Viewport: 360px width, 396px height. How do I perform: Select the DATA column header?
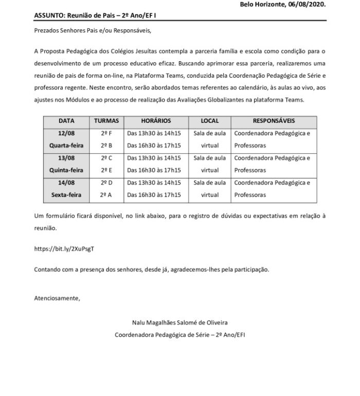point(66,121)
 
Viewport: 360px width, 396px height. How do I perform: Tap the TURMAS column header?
point(106,121)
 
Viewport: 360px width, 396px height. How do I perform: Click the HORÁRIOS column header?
point(155,121)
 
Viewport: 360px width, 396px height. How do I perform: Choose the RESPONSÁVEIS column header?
point(274,121)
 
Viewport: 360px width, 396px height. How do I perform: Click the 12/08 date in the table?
point(66,133)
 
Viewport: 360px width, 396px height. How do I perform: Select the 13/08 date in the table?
point(66,158)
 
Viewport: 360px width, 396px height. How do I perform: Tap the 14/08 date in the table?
point(66,183)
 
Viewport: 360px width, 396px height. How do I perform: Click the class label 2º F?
point(106,133)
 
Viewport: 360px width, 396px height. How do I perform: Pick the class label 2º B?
point(106,146)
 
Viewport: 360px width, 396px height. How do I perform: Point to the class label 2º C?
point(106,158)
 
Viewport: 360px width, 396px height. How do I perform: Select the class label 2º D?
point(106,183)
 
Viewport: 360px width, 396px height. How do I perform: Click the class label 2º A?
point(106,195)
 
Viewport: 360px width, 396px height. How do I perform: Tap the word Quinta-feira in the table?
point(66,170)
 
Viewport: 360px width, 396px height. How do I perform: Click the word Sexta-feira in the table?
point(66,195)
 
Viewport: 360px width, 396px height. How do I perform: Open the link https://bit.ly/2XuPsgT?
point(64,248)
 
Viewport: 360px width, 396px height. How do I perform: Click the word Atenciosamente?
point(57,298)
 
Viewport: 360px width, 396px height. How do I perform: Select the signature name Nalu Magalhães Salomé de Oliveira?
point(180,322)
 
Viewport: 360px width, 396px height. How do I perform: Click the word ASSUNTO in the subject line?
point(47,15)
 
